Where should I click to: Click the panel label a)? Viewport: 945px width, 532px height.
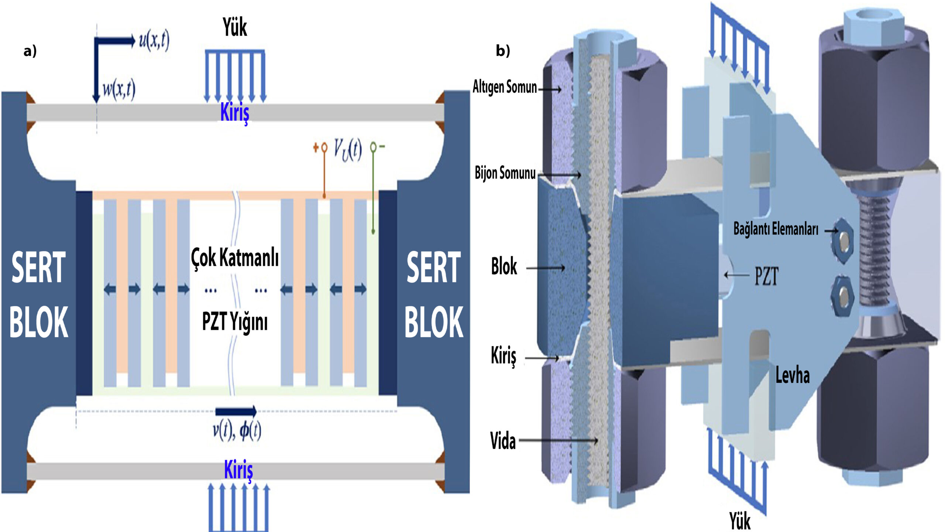point(30,51)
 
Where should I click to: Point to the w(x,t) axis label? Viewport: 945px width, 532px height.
point(118,89)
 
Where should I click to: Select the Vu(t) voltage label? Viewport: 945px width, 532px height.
point(347,150)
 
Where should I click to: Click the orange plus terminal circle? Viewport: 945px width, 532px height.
point(324,148)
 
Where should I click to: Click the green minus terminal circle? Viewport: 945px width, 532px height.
point(373,147)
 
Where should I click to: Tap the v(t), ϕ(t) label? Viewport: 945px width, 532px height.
point(237,430)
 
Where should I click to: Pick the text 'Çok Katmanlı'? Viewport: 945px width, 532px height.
point(235,258)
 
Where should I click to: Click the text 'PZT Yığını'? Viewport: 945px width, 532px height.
point(235,321)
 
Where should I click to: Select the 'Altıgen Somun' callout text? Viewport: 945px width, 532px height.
point(505,87)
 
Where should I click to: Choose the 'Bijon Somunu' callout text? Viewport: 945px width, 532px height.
point(505,173)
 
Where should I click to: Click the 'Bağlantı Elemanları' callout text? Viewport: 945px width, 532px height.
point(776,229)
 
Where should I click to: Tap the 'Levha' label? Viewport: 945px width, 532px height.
point(793,375)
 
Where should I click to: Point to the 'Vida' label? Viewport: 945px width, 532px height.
point(503,441)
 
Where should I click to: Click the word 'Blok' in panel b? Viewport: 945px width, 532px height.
point(504,267)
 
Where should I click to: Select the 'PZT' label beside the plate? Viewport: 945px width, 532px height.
point(766,276)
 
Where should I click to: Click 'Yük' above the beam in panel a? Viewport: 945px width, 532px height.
point(235,27)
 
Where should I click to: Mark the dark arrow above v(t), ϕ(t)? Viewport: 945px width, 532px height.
point(236,411)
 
